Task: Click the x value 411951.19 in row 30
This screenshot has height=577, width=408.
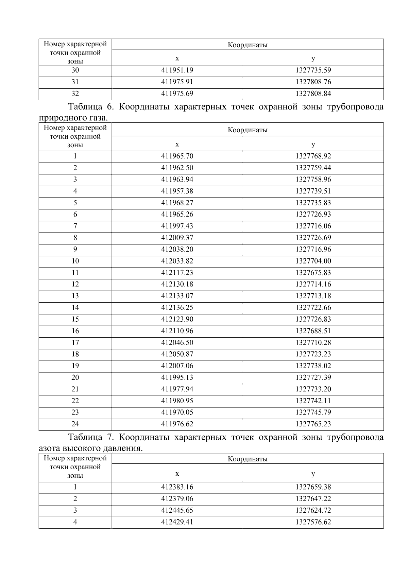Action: (x=177, y=70)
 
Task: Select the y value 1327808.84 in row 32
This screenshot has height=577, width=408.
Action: (x=313, y=94)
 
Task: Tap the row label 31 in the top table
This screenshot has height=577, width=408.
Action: (x=75, y=82)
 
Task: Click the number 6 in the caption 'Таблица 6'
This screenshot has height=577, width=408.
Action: (x=109, y=107)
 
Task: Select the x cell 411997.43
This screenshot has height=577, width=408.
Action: (x=177, y=226)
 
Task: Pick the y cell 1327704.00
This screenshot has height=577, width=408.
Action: (x=313, y=261)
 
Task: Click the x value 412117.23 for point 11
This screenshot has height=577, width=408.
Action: (x=177, y=273)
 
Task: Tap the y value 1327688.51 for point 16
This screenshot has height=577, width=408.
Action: (x=313, y=331)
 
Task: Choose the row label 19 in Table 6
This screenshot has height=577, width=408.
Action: (x=75, y=366)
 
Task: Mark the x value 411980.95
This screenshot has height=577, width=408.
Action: (x=177, y=401)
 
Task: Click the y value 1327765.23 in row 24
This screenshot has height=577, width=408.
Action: (x=313, y=424)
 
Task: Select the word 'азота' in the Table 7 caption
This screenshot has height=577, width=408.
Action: (x=50, y=448)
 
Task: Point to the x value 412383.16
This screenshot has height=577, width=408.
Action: (x=177, y=487)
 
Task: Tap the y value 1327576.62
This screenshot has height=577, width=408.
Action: (x=313, y=522)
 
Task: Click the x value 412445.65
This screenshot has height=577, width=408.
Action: (x=177, y=510)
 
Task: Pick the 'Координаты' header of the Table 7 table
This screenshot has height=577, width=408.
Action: (x=248, y=459)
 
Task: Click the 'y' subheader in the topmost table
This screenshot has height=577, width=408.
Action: (x=313, y=58)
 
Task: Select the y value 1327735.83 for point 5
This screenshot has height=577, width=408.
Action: (x=313, y=203)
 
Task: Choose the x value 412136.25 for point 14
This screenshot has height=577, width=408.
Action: (x=177, y=308)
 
